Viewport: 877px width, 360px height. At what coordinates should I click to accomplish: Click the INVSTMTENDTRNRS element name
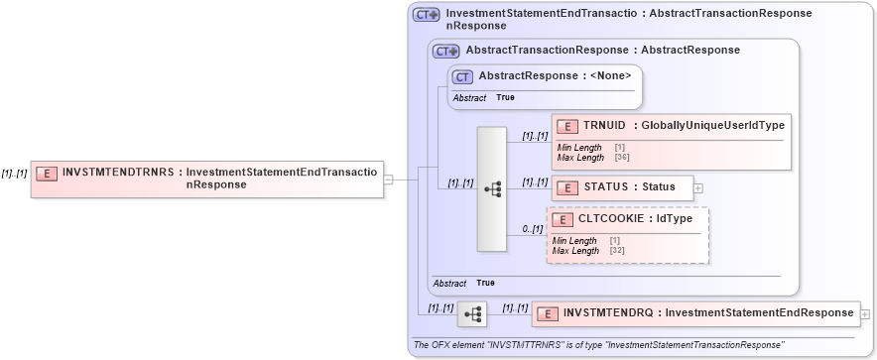click(x=117, y=172)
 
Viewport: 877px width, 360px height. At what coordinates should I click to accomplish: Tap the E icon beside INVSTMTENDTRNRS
click(x=46, y=173)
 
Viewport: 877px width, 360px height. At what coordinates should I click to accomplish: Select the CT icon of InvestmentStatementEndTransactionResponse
click(x=427, y=15)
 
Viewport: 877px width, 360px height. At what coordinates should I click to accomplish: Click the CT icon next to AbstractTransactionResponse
click(x=446, y=51)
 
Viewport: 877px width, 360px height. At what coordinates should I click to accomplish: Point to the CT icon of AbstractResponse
click(x=462, y=76)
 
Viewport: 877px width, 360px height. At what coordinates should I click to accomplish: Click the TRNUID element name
click(x=604, y=125)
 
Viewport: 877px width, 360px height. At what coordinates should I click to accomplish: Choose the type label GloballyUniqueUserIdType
click(x=712, y=125)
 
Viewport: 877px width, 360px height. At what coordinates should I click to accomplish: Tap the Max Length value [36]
click(x=623, y=158)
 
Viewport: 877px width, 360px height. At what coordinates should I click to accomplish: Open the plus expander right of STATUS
click(x=698, y=186)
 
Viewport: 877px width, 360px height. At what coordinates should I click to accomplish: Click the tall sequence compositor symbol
click(x=492, y=188)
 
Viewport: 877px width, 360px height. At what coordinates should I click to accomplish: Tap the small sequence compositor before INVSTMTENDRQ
click(x=472, y=314)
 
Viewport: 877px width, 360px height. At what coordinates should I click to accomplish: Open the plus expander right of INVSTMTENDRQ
click(x=865, y=313)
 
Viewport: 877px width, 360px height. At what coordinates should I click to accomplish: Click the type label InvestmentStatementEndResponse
click(x=759, y=313)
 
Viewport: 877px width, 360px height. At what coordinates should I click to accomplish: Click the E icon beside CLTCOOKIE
click(x=562, y=218)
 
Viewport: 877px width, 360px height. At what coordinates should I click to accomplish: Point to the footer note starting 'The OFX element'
click(x=598, y=344)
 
